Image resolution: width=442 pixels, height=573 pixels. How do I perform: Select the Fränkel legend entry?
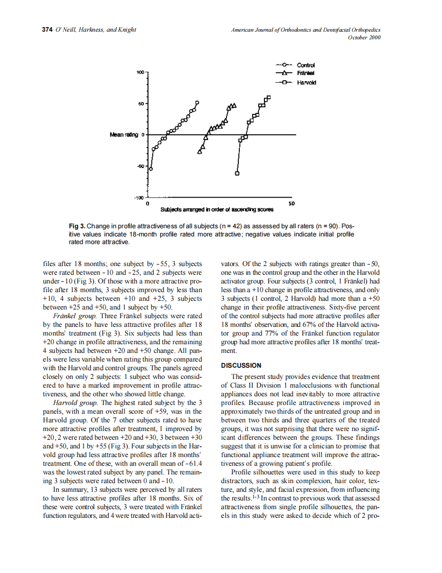click(x=305, y=74)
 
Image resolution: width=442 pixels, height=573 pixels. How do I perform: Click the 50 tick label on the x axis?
click(x=291, y=204)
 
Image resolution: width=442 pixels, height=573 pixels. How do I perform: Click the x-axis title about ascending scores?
click(x=217, y=209)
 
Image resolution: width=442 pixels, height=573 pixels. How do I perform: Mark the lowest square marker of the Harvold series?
click(x=237, y=174)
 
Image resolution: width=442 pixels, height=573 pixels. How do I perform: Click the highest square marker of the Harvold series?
click(x=268, y=98)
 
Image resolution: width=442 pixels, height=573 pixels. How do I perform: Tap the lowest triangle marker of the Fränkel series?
click(x=200, y=152)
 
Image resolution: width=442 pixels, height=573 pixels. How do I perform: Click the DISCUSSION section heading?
click(x=241, y=365)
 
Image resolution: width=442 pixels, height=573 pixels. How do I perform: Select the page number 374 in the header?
click(x=47, y=30)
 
